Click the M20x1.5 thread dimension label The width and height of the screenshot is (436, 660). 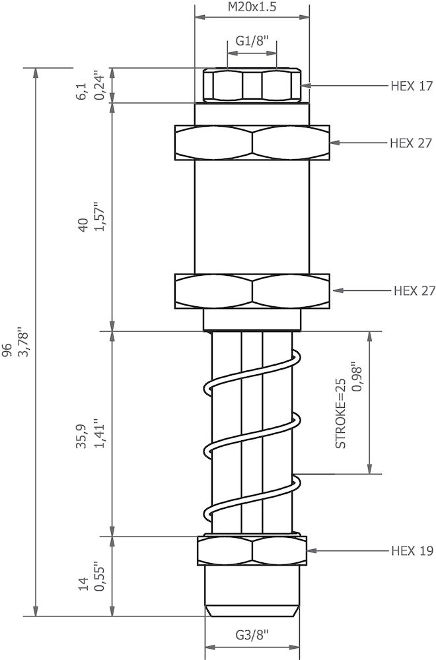[252, 8]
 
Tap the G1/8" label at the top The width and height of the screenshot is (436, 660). [252, 42]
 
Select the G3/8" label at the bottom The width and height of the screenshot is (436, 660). [252, 636]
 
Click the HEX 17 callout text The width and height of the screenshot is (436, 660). [411, 86]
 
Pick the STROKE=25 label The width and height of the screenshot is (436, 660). [341, 413]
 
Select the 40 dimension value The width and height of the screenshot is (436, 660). [83, 225]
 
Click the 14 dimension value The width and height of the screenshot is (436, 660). [83, 583]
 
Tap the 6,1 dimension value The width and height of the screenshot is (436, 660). [83, 92]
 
